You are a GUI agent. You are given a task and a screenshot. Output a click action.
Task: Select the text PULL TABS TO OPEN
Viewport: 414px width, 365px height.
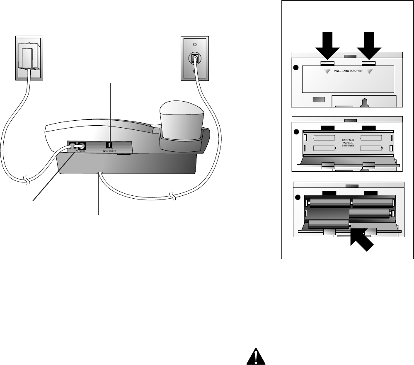pos(348,71)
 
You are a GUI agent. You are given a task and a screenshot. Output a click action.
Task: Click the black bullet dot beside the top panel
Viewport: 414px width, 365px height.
pos(296,68)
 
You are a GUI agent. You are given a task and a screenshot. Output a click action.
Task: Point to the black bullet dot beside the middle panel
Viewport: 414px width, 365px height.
pos(296,132)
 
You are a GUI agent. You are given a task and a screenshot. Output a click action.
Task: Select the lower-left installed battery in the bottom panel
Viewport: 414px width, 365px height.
pos(328,224)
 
